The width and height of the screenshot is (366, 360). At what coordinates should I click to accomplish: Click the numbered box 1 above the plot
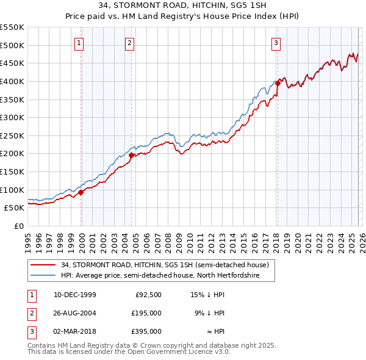[x=80, y=43]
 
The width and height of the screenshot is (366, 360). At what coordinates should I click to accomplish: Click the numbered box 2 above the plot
[x=130, y=43]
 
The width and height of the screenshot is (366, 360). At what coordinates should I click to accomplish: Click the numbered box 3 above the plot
[x=276, y=43]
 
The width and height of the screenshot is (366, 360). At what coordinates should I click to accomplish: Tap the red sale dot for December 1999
[x=81, y=192]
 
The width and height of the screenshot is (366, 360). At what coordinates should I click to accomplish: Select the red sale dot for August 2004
[x=131, y=155]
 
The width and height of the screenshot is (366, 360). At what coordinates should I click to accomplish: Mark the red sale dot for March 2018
[x=277, y=83]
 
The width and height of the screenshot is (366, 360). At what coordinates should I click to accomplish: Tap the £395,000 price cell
[x=146, y=331]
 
